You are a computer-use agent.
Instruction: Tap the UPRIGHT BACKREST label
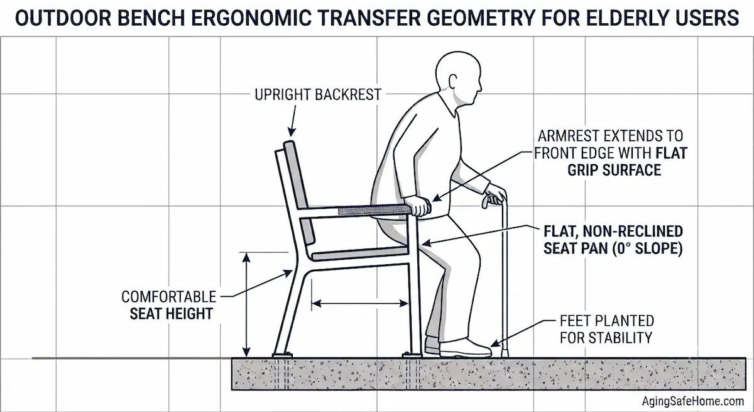(318, 94)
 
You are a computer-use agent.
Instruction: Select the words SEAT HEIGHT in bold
(172, 314)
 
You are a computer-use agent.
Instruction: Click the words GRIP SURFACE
(615, 170)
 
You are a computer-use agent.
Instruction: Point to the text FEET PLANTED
(607, 321)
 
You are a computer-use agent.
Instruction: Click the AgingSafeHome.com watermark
(693, 401)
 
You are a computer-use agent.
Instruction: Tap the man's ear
(453, 82)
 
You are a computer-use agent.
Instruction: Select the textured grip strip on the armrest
(374, 210)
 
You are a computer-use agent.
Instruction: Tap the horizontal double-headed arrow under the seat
(360, 304)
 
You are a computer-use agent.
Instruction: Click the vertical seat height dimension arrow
(246, 304)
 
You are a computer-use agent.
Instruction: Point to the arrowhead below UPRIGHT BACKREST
(292, 132)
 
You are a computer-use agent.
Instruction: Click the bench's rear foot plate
(282, 355)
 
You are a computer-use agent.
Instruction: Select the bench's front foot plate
(412, 355)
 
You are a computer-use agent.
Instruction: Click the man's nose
(480, 87)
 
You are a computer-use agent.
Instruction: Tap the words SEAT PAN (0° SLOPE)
(613, 248)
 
